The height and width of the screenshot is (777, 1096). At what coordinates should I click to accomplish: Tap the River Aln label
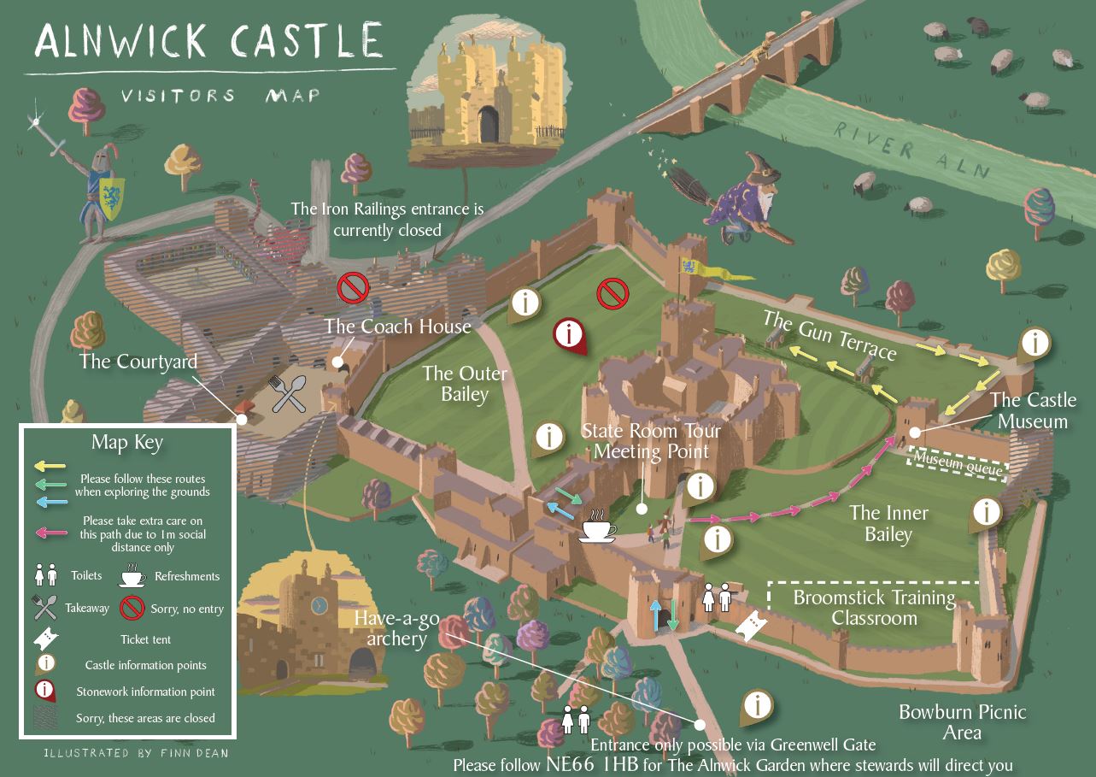911,150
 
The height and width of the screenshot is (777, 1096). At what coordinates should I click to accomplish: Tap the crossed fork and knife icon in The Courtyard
288,394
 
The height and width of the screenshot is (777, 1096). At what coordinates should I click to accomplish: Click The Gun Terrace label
829,335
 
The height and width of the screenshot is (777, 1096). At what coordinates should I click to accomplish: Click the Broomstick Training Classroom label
874,607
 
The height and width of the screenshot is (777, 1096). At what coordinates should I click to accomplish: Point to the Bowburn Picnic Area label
962,721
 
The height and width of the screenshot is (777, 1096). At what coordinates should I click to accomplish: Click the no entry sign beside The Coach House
352,287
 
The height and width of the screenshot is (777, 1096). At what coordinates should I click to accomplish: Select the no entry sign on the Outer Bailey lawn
612,294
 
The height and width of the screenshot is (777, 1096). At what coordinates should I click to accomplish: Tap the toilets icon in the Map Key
45,576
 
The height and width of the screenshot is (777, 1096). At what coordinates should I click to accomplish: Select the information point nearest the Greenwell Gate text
756,705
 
